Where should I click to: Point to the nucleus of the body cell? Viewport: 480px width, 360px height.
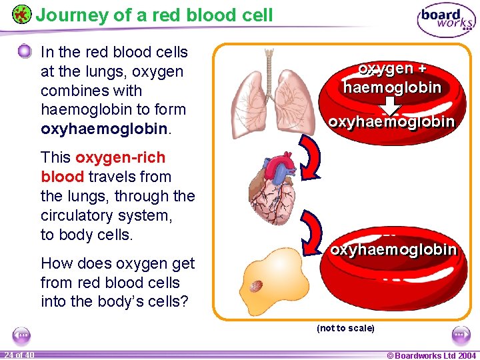tap(256, 286)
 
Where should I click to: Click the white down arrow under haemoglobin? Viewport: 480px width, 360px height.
tap(393, 105)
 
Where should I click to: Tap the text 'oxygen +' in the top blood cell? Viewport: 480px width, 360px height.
tap(392, 69)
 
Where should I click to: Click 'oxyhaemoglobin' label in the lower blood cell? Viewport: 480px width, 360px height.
tap(393, 249)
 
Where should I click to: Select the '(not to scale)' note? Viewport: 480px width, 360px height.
tap(345, 328)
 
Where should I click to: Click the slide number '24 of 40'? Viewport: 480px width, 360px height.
tap(19, 355)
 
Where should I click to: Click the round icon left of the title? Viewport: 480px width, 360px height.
tap(21, 14)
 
